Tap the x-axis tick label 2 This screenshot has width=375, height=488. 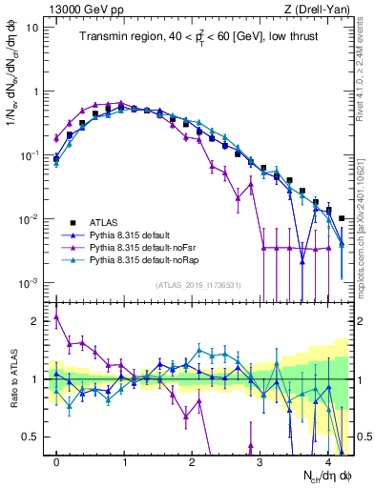[193, 460]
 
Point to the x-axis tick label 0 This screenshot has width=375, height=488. [57, 460]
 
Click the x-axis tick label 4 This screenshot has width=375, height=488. [327, 460]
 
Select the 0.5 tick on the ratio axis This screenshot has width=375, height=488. [34, 437]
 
